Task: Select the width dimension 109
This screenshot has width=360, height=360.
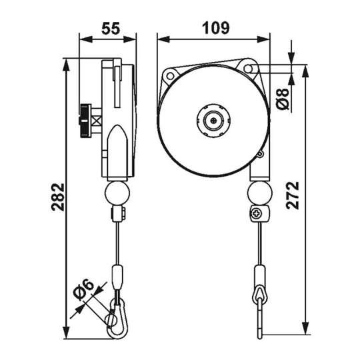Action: tap(215, 28)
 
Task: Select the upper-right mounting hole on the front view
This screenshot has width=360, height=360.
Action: tap(251, 68)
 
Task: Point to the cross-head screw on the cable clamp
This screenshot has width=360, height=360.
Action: tap(256, 214)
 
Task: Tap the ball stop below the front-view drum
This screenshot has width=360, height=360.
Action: tap(259, 194)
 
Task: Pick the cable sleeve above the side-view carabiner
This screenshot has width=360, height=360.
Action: tap(119, 275)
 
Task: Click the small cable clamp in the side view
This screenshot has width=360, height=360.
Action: tap(117, 215)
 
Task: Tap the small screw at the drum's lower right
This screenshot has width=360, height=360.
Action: tap(260, 155)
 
